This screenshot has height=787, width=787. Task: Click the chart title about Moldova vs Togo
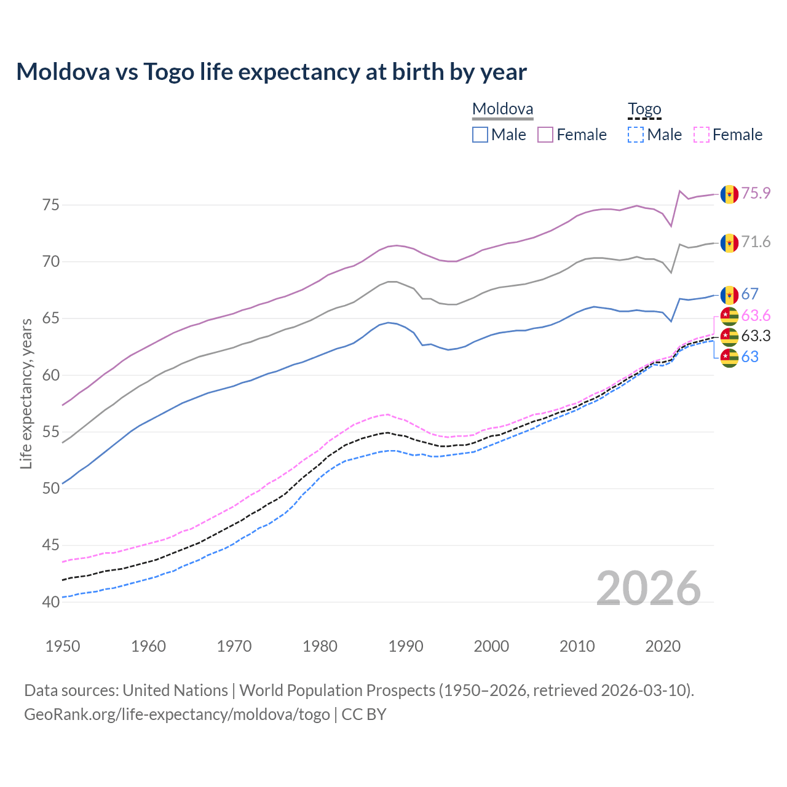click(x=271, y=72)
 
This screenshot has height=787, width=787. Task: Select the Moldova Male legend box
click(x=480, y=135)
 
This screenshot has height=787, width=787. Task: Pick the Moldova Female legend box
click(x=545, y=135)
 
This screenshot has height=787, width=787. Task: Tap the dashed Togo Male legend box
click(x=636, y=135)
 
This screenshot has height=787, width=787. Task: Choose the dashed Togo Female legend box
click(x=701, y=135)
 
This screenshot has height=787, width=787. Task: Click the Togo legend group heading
click(x=644, y=109)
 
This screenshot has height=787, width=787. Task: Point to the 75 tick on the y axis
click(x=51, y=205)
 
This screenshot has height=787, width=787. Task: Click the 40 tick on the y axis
click(x=51, y=602)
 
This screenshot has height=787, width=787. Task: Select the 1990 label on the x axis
click(x=406, y=646)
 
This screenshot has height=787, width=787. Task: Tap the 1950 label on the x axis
click(x=63, y=646)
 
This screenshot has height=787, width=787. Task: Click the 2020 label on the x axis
click(x=663, y=646)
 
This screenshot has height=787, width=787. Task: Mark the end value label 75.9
click(x=756, y=193)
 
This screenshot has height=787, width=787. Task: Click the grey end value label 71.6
click(x=756, y=242)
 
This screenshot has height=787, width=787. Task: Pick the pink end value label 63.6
click(x=756, y=315)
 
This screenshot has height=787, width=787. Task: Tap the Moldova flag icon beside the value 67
click(x=729, y=295)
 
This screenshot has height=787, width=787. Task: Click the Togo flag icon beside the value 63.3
click(x=729, y=336)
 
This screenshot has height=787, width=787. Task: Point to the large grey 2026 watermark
click(x=648, y=588)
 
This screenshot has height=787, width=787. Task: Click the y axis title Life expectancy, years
click(x=26, y=393)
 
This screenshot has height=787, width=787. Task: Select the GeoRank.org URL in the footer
click(x=177, y=714)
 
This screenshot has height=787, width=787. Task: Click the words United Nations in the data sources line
click(x=175, y=690)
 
